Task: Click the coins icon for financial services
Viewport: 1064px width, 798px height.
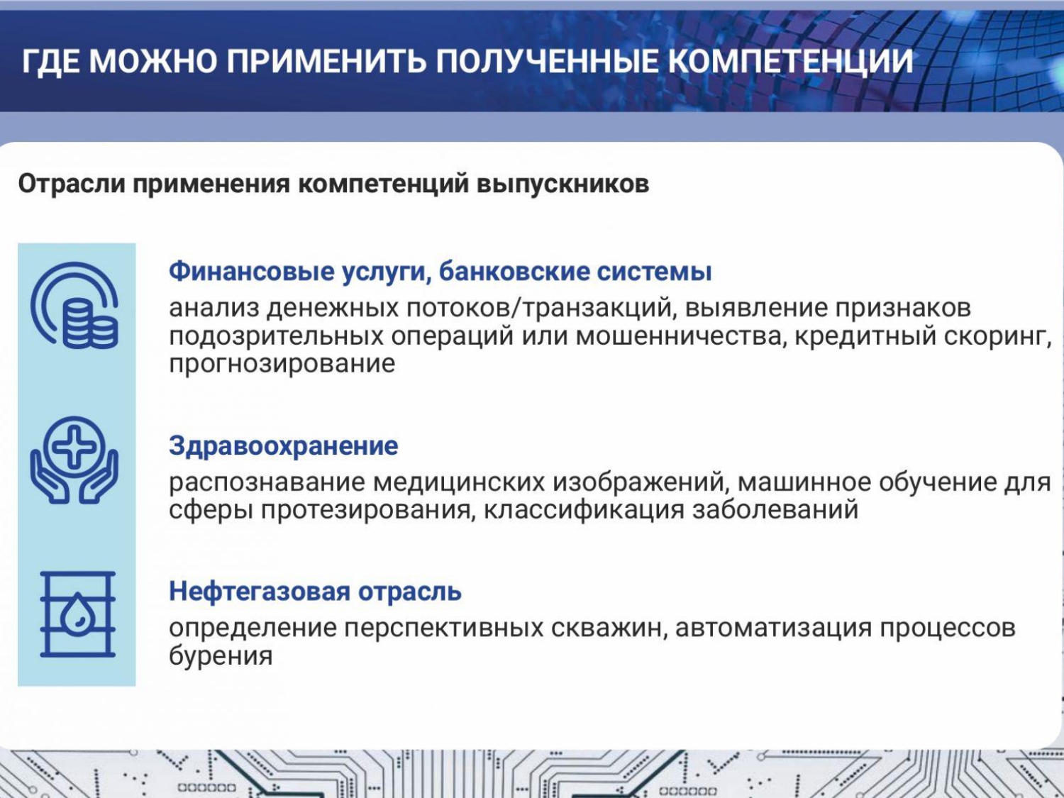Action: point(74,305)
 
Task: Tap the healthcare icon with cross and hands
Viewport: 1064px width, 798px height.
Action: point(74,460)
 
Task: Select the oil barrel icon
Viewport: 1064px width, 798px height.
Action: point(77,614)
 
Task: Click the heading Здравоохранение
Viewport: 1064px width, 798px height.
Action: point(284,445)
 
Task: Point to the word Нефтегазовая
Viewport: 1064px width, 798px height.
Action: point(260,591)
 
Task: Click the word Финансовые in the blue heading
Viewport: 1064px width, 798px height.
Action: point(252,272)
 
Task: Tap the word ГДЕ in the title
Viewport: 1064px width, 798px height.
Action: point(50,62)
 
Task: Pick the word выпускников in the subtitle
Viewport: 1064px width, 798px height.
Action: point(563,184)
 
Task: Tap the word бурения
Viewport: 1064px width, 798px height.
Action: point(221,657)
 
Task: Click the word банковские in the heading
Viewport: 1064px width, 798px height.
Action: point(514,272)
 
